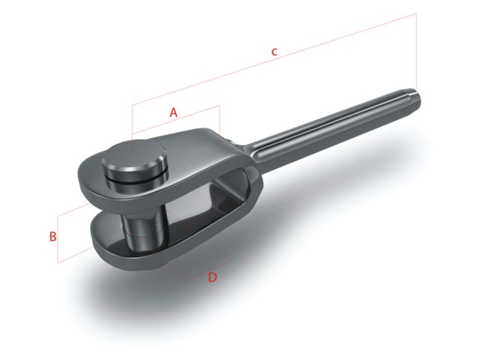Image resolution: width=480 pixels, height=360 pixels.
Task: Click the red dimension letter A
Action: [x=173, y=112]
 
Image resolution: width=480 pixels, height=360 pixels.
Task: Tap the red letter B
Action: [x=52, y=237]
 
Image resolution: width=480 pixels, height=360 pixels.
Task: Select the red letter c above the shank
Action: [x=274, y=52]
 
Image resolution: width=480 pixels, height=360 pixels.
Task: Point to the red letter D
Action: [x=212, y=277]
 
